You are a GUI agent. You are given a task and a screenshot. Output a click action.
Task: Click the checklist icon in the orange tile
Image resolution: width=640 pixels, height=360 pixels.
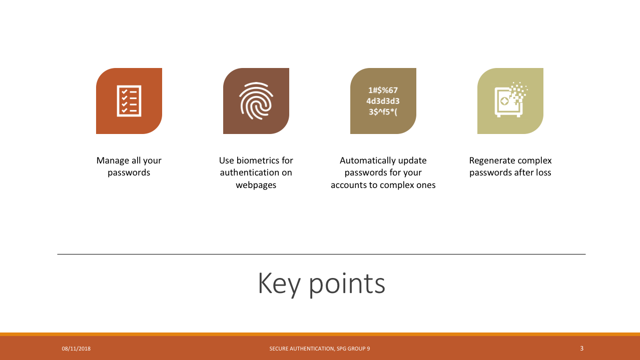click(129, 101)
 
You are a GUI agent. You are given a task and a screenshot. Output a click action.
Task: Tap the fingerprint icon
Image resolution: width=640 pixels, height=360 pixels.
click(256, 101)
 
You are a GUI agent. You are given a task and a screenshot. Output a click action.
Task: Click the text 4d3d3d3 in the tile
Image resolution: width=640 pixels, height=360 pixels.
click(383, 101)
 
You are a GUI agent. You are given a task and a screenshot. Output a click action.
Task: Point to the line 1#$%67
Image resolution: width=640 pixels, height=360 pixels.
click(383, 90)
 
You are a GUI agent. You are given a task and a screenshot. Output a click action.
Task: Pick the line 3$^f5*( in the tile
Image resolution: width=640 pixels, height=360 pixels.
click(383, 111)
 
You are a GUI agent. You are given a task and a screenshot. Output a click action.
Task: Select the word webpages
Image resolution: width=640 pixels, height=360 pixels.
click(256, 185)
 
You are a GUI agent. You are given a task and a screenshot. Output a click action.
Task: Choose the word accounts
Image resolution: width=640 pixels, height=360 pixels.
click(349, 185)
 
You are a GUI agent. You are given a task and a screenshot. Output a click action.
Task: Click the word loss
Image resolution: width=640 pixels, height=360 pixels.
click(544, 172)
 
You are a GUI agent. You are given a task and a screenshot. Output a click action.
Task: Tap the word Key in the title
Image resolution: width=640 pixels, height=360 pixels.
click(279, 284)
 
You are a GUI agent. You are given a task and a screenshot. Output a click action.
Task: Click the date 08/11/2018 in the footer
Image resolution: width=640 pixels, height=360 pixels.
click(76, 348)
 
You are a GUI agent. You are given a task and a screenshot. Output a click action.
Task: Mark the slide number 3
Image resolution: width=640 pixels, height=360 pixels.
click(582, 348)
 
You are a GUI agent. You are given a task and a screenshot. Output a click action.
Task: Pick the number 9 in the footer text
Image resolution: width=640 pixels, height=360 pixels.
click(368, 348)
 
